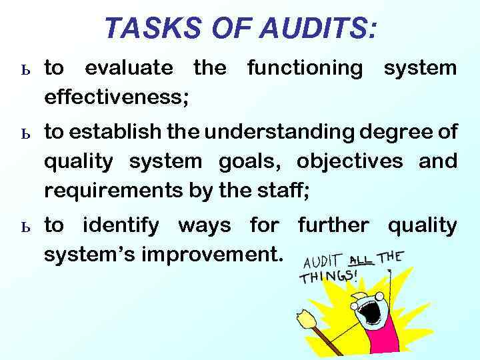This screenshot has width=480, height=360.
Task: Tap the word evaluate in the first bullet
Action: coord(129,68)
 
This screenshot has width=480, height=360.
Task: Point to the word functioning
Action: coord(305,68)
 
